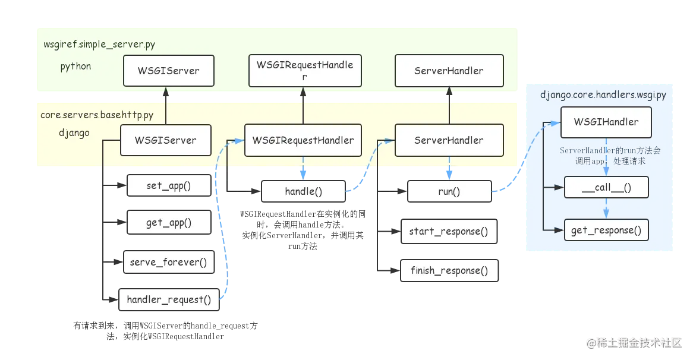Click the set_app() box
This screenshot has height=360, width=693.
click(169, 185)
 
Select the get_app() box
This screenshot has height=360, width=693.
click(169, 222)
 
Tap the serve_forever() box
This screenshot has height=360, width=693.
click(169, 262)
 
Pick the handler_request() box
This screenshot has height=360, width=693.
click(169, 299)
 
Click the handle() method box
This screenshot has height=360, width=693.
click(303, 191)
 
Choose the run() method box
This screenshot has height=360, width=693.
click(449, 191)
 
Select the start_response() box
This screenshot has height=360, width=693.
click(449, 231)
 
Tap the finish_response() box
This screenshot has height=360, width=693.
click(449, 270)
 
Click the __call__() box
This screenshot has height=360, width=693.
click(606, 187)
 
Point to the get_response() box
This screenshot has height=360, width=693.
click(606, 230)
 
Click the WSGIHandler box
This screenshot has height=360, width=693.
click(606, 122)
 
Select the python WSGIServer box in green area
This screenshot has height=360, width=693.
click(168, 71)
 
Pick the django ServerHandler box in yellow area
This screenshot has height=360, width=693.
click(449, 140)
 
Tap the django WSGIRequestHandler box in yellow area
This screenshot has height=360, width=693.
click(303, 140)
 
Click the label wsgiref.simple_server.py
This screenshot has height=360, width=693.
click(99, 44)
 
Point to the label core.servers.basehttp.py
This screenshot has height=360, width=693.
click(97, 115)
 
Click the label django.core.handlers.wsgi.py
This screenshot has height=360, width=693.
click(603, 94)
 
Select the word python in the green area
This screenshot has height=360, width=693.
click(75, 67)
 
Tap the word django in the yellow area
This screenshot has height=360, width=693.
click(74, 132)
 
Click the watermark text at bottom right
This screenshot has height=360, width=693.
click(634, 343)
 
